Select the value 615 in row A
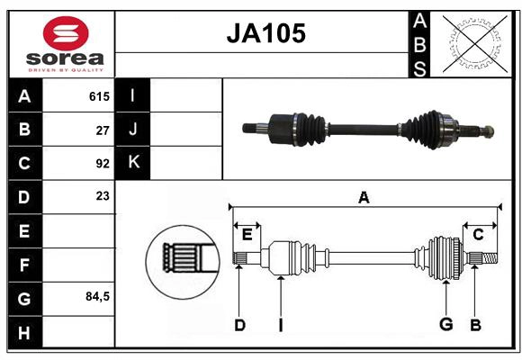(98, 96)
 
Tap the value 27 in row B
(102, 130)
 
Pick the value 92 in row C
(102, 164)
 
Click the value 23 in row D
(102, 196)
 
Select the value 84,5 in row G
(95, 296)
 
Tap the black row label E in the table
(24, 230)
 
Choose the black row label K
(133, 163)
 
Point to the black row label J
(133, 130)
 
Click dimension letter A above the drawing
(364, 197)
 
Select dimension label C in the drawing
(478, 235)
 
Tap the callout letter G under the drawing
(445, 325)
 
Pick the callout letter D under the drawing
(239, 325)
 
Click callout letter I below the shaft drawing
(281, 325)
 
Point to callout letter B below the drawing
(475, 325)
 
